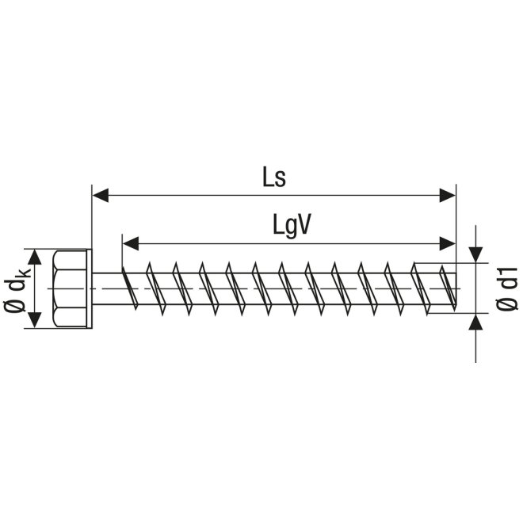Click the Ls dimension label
tap(274, 177)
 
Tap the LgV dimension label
tap(292, 225)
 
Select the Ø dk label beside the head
tap(17, 289)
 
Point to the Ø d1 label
tap(507, 289)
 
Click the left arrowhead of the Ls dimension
tap(100, 195)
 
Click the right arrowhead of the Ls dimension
tap(448, 195)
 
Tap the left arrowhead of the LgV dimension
tap(131, 243)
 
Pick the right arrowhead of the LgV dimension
tap(448, 243)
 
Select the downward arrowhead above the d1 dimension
tap(475, 255)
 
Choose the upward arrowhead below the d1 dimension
tap(475, 322)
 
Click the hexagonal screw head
tap(70, 289)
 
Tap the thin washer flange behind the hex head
tap(89, 289)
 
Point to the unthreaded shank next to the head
tap(107, 289)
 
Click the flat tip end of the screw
tap(456, 289)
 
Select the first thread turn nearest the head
tap(130, 288)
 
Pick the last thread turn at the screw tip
tap(448, 288)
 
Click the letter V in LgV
tap(303, 224)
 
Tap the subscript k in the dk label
tap(26, 272)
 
